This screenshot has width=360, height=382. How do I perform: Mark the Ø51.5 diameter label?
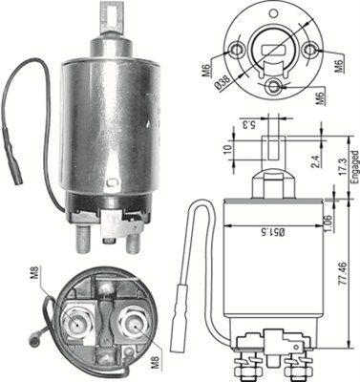click(276, 230)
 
